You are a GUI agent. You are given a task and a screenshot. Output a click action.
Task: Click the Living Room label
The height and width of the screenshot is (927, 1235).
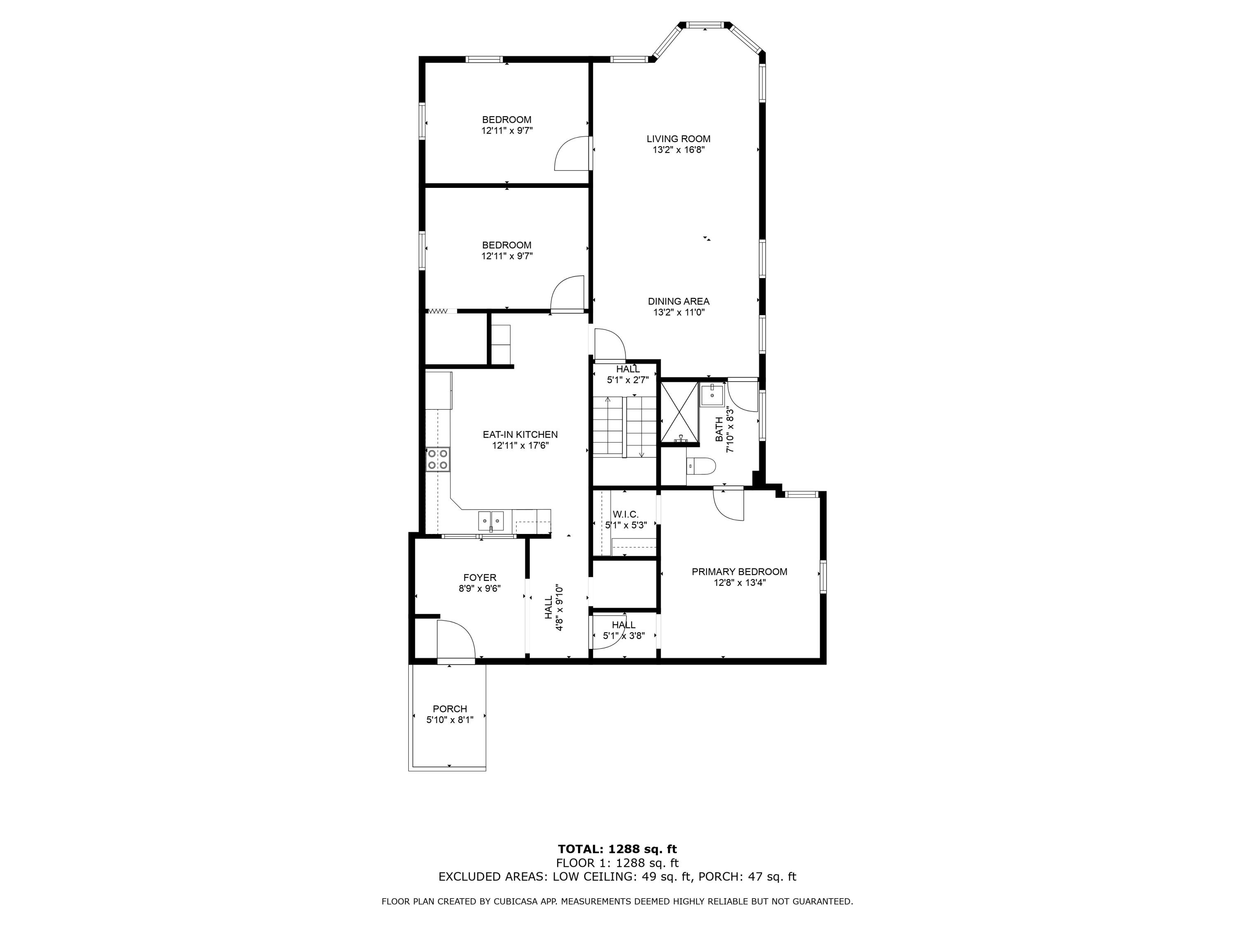[678, 138]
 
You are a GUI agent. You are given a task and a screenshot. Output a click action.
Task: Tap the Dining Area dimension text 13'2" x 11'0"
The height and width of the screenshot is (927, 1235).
[679, 312]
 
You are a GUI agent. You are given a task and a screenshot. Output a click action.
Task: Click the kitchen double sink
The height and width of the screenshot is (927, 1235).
[491, 520]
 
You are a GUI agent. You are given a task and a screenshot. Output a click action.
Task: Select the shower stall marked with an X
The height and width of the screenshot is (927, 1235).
[680, 412]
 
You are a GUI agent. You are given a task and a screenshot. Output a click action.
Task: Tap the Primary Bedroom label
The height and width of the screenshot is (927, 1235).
[739, 571]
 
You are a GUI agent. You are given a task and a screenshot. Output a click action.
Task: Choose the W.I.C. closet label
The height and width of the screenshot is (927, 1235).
[625, 514]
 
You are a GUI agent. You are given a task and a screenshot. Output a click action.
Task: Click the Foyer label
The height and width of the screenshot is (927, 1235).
[480, 577]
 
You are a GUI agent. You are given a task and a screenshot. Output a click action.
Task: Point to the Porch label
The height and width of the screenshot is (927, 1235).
[450, 709]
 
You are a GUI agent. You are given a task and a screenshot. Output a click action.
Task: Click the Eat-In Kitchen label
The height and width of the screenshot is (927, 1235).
[520, 434]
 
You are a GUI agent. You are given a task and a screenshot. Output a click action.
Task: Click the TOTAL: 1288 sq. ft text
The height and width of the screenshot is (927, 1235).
[617, 849]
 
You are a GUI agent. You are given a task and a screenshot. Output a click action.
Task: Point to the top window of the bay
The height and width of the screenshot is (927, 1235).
[705, 25]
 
